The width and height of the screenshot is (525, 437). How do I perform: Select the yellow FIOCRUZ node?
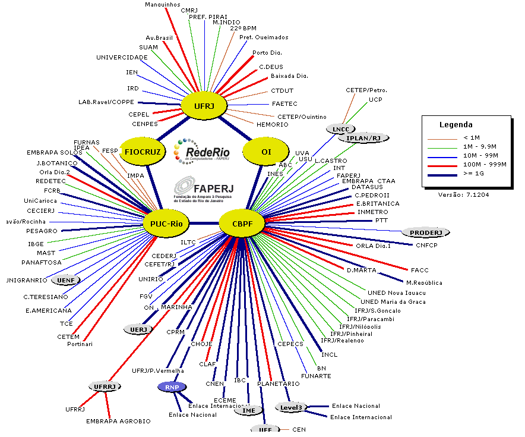143,152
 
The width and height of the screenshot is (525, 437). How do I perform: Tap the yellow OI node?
266,152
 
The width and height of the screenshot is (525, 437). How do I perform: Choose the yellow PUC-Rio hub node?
166,224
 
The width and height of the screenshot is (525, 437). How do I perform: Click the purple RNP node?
172,387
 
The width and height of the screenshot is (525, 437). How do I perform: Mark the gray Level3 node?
292,407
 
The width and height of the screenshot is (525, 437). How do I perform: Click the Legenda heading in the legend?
456,125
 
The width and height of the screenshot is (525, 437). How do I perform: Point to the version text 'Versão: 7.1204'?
463,194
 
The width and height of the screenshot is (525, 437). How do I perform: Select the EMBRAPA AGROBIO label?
118,421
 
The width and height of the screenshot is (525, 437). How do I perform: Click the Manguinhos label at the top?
163,5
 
